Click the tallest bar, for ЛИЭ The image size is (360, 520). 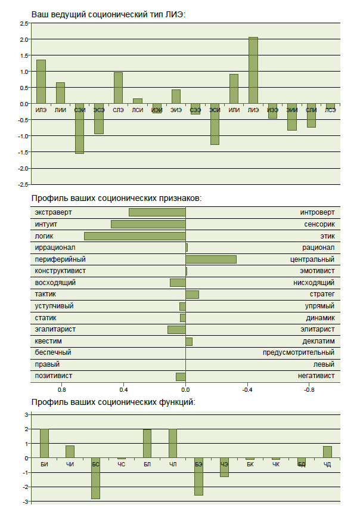[253, 70]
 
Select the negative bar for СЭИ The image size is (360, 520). [79, 128]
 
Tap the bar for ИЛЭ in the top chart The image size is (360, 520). [41, 81]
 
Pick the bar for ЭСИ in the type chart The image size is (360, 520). [215, 124]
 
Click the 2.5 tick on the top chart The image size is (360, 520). [24, 23]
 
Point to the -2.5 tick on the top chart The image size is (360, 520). [23, 184]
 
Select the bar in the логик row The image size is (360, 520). [135, 236]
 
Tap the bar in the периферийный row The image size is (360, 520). [211, 259]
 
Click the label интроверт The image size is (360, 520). [317, 213]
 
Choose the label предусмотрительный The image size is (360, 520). [299, 353]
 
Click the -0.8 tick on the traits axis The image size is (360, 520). [309, 390]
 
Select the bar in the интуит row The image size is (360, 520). [148, 224]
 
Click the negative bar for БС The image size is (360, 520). [95, 478]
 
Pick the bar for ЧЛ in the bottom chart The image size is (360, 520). [173, 443]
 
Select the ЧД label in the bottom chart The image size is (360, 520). [327, 464]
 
